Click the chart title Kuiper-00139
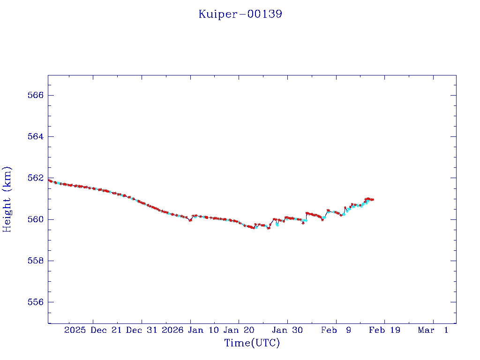240,14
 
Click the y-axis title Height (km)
7,199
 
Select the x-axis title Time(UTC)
252,343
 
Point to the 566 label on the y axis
36,95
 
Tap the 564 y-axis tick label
36,136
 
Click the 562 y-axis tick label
36,178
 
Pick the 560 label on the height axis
36,219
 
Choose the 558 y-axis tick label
36,261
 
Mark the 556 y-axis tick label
36,302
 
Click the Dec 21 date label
106,330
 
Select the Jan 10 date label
203,330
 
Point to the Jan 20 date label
239,330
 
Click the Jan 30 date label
287,330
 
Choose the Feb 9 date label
336,330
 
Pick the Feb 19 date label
384,330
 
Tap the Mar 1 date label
433,330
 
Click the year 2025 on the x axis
75,330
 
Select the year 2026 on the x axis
172,330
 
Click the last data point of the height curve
373,200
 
